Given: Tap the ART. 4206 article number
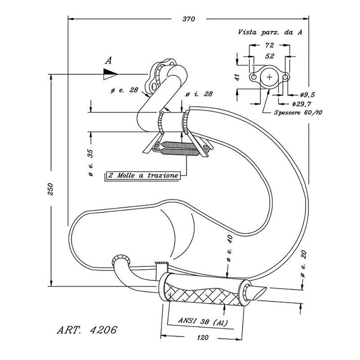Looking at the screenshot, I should (x=87, y=330).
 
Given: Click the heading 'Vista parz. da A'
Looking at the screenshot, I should (x=270, y=32).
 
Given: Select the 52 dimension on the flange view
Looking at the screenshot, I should (x=270, y=56).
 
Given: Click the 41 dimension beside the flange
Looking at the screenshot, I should (x=237, y=76).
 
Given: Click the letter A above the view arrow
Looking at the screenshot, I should (x=108, y=60).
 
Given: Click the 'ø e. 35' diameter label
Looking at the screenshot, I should (x=91, y=161).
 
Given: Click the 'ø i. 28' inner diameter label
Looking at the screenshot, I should (x=199, y=94).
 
